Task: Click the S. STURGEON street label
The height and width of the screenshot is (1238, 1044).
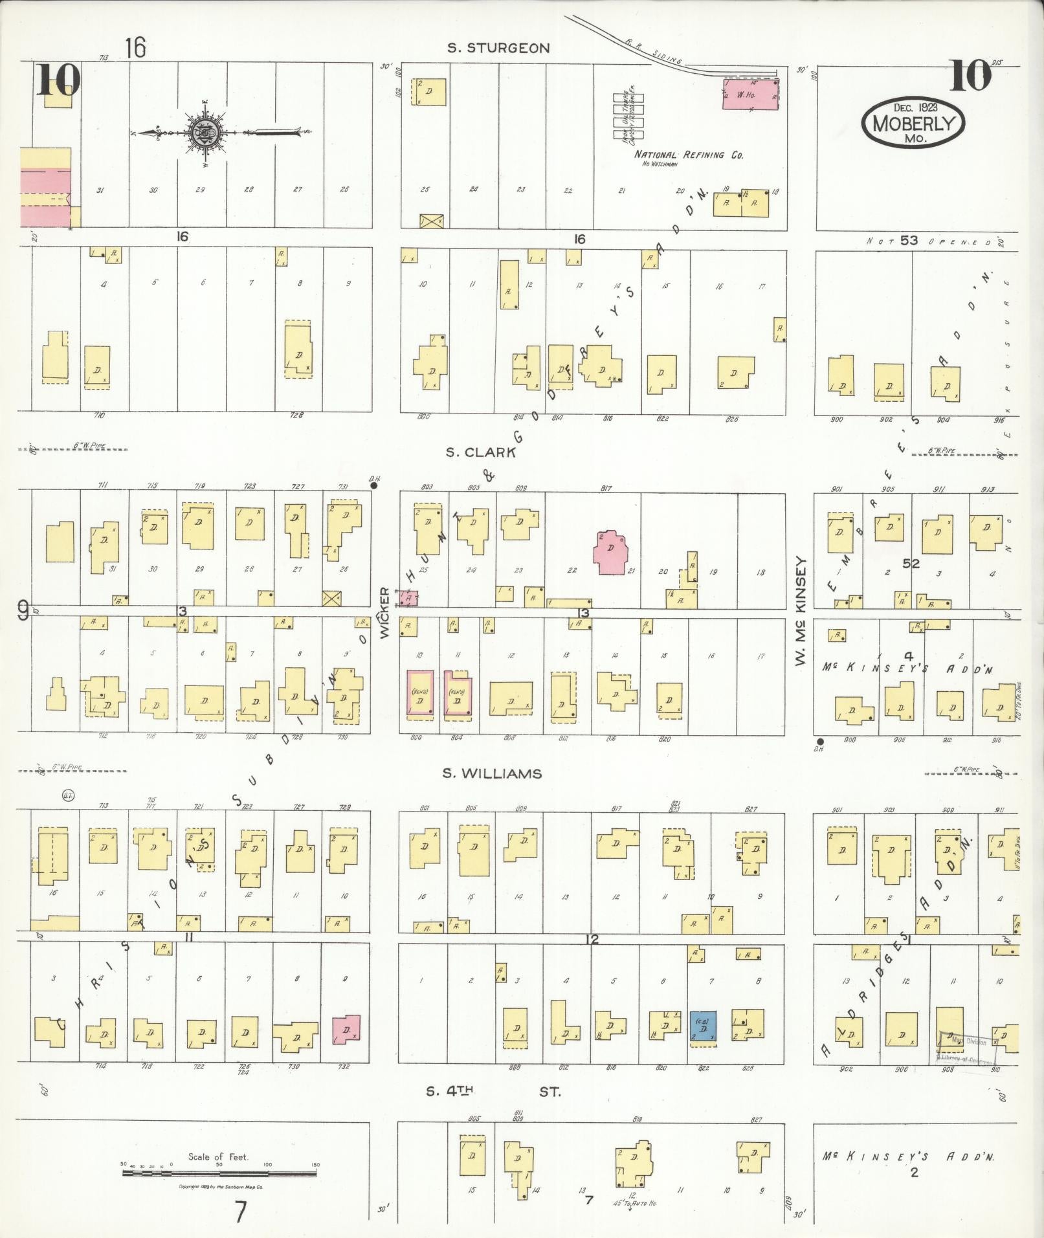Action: [x=498, y=48]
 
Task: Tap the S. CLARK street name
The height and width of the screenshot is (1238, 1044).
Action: [x=480, y=452]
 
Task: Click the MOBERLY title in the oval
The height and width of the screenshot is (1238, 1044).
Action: [x=913, y=122]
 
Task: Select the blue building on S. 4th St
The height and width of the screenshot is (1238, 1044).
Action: [x=703, y=1027]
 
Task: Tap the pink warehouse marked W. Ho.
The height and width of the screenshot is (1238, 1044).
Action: [x=750, y=94]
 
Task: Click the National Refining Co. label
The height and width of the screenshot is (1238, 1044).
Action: [x=689, y=155]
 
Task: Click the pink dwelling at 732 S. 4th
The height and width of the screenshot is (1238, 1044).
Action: [x=346, y=1030]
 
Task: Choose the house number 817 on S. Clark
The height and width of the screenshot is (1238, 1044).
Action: [x=606, y=488]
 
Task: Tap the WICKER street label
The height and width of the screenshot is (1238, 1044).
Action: [x=384, y=613]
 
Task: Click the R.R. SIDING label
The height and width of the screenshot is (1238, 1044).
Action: [x=654, y=50]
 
